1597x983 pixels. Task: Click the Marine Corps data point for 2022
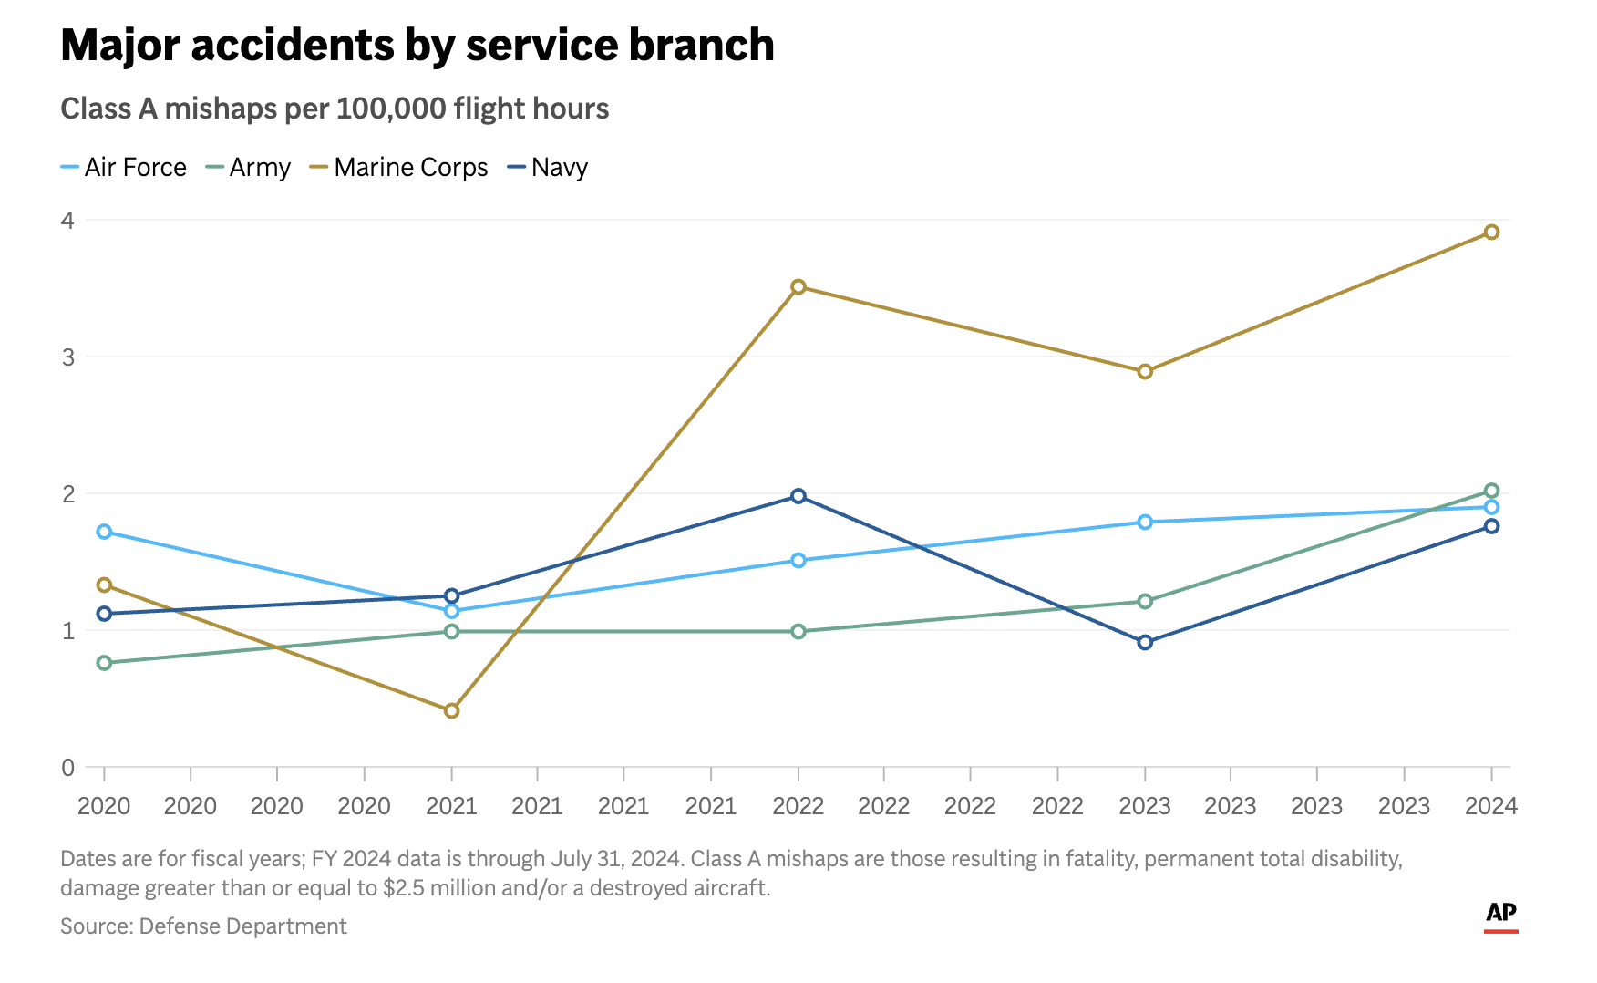(x=798, y=287)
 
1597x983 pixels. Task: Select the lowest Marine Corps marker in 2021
(x=451, y=710)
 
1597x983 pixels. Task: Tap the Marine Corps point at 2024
(x=1491, y=233)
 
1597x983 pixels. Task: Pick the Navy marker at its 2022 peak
(x=798, y=496)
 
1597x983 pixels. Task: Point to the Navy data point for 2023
(x=1145, y=642)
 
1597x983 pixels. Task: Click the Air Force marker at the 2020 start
(x=104, y=532)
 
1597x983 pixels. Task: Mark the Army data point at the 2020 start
(x=104, y=663)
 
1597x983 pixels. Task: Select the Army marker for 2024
(x=1491, y=491)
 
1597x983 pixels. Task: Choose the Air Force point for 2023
(x=1145, y=522)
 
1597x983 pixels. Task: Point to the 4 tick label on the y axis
(x=67, y=220)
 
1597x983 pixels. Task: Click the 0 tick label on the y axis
(x=67, y=768)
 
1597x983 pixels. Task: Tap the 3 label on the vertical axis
(x=67, y=357)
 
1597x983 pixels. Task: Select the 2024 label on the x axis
(x=1490, y=806)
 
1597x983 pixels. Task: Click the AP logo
(x=1500, y=915)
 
